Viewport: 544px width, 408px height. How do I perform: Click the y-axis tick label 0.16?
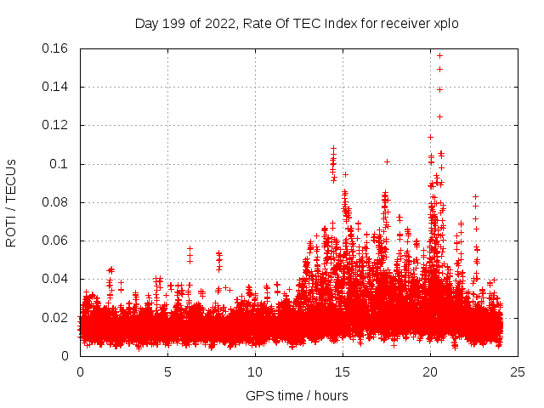(56, 48)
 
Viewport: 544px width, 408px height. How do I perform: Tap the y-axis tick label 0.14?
(56, 87)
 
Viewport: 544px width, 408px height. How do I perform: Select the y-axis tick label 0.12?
(56, 125)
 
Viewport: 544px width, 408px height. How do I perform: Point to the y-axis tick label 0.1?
(62, 164)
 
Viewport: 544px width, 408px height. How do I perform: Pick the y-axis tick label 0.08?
(56, 202)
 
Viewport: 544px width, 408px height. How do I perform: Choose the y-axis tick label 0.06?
(56, 241)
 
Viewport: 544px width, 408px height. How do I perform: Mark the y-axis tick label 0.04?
(56, 280)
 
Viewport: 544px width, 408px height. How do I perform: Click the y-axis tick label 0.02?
(56, 318)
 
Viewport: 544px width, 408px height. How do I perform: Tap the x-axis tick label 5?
(167, 372)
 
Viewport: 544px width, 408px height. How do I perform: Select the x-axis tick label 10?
(255, 372)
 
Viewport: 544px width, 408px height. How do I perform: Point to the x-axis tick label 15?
(343, 372)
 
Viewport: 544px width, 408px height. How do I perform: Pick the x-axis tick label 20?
(430, 372)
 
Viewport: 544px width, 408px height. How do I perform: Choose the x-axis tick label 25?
(518, 372)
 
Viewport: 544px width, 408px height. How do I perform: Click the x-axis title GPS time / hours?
(297, 395)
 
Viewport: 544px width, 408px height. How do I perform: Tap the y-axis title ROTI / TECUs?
(11, 202)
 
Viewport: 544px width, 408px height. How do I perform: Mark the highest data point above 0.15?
(439, 55)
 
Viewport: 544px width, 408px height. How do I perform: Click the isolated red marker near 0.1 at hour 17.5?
(387, 161)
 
